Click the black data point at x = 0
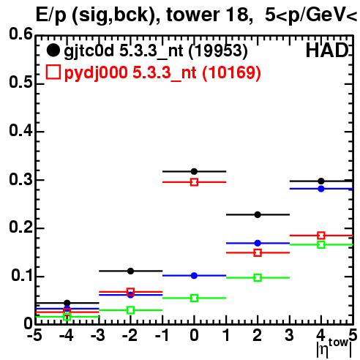[194, 171]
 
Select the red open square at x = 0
[194, 182]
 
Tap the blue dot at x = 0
[194, 276]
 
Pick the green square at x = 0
[194, 298]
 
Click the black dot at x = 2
[258, 214]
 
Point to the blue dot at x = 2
[258, 243]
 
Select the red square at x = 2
[258, 252]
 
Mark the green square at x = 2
[258, 277]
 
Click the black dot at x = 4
[321, 181]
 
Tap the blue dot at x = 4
[321, 189]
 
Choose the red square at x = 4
[321, 236]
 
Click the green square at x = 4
[321, 244]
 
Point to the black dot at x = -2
[130, 271]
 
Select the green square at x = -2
[130, 310]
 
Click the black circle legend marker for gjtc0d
[53, 50]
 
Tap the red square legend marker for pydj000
[53, 72]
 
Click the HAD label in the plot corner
[327, 50]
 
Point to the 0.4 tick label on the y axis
[20, 131]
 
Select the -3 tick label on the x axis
[97, 336]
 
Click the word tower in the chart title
[192, 15]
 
